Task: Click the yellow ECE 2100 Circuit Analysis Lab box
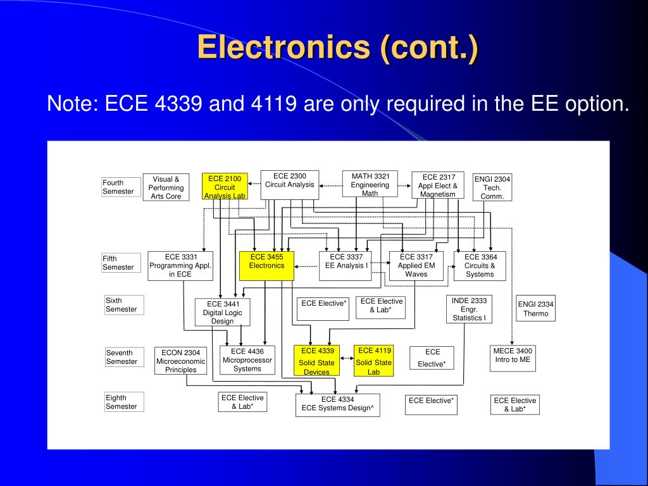pyautogui.click(x=225, y=187)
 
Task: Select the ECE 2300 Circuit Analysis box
pyautogui.click(x=289, y=184)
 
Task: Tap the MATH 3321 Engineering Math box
pyautogui.click(x=370, y=184)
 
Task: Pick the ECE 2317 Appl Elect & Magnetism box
pyautogui.click(x=438, y=185)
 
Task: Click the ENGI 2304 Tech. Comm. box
pyautogui.click(x=492, y=187)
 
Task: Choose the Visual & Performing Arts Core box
pyautogui.click(x=166, y=187)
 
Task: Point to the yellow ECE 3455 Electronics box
pyautogui.click(x=266, y=266)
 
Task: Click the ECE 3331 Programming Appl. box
pyautogui.click(x=180, y=266)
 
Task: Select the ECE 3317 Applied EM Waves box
pyautogui.click(x=416, y=266)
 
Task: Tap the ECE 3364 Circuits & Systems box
pyautogui.click(x=480, y=266)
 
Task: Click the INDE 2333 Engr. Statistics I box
pyautogui.click(x=469, y=309)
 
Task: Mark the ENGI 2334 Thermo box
pyautogui.click(x=536, y=308)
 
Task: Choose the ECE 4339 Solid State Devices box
pyautogui.click(x=316, y=361)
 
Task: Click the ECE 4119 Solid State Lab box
pyautogui.click(x=374, y=361)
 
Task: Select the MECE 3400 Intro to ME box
pyautogui.click(x=513, y=359)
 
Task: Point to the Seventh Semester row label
pyautogui.click(x=121, y=357)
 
